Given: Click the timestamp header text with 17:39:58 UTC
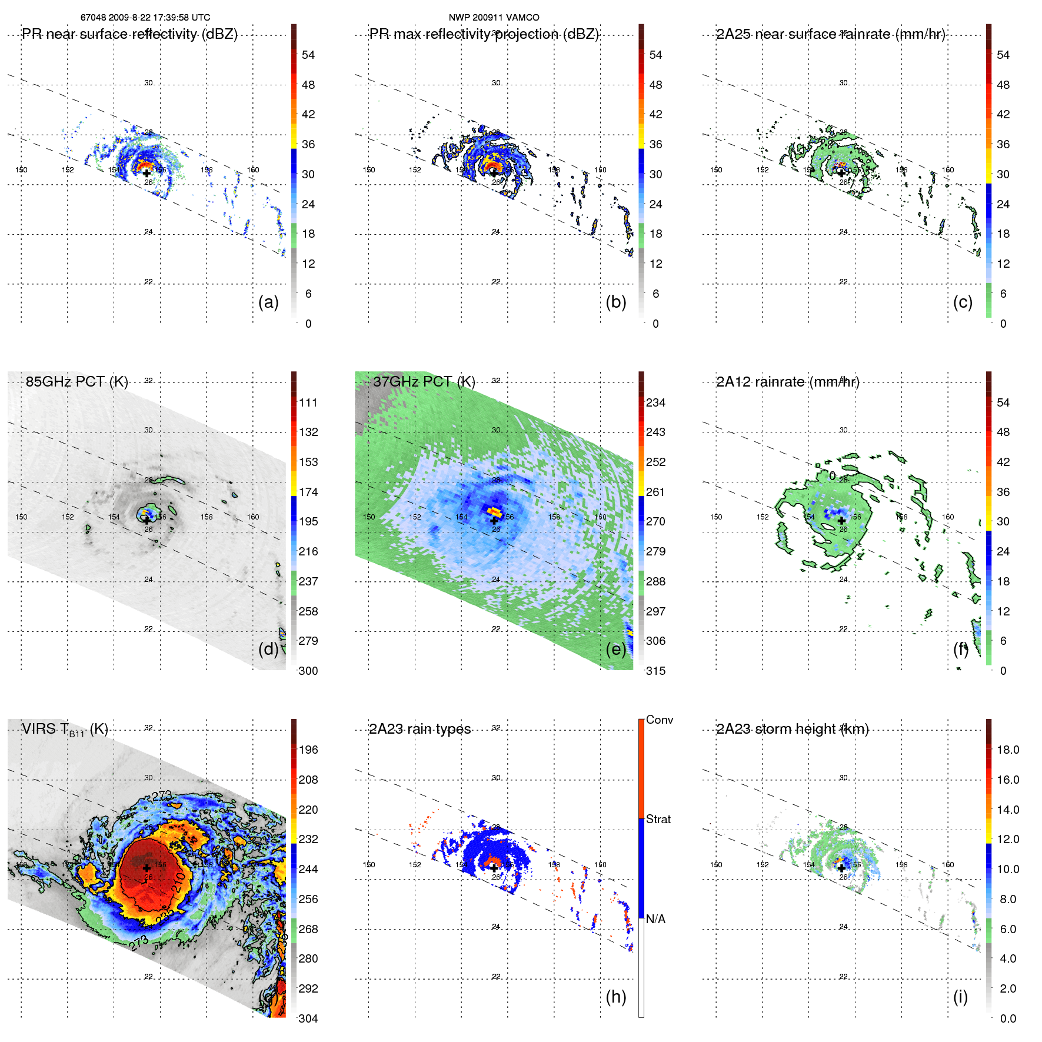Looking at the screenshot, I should [145, 18].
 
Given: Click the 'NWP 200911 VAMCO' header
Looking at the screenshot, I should [494, 18].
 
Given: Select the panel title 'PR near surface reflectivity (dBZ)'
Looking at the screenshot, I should [129, 34].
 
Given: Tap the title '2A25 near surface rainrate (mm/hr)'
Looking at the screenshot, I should [830, 34].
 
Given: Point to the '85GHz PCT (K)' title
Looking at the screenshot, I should [76, 381].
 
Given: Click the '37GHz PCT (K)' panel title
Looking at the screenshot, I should [424, 381].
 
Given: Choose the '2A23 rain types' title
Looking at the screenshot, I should [420, 729].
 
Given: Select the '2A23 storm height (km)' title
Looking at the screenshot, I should [792, 729].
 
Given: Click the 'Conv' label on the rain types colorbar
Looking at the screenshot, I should [659, 720].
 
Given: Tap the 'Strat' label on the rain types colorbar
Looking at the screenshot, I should [658, 819].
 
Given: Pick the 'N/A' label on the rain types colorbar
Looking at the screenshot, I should [655, 919].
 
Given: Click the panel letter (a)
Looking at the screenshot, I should [268, 302].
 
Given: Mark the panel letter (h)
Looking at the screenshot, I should [615, 997].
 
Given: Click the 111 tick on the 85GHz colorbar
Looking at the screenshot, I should [308, 402].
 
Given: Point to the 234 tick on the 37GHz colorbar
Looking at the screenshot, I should [655, 402].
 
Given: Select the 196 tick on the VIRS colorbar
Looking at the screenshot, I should [308, 750].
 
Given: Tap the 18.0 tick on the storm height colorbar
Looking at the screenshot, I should [1007, 750].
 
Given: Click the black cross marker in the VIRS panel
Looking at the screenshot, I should [147, 868].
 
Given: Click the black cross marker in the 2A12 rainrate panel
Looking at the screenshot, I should [841, 521].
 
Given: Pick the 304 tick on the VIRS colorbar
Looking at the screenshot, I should [308, 1018].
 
